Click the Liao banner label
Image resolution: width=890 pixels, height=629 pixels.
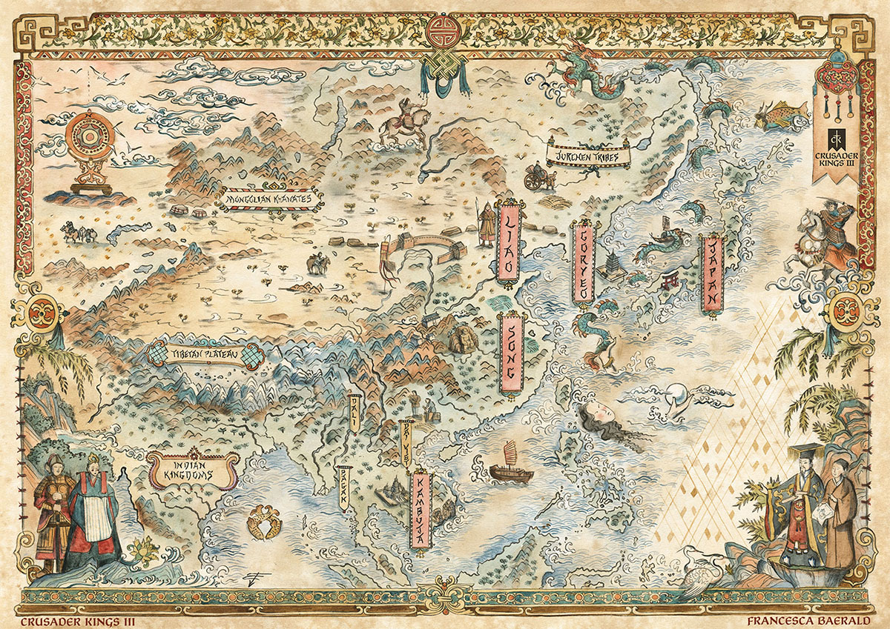(x=509, y=242)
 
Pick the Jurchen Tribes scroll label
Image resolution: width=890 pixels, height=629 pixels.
(x=587, y=154)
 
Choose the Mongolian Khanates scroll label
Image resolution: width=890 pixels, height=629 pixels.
(x=269, y=199)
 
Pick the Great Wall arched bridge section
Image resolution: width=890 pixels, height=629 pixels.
(x=423, y=246)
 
